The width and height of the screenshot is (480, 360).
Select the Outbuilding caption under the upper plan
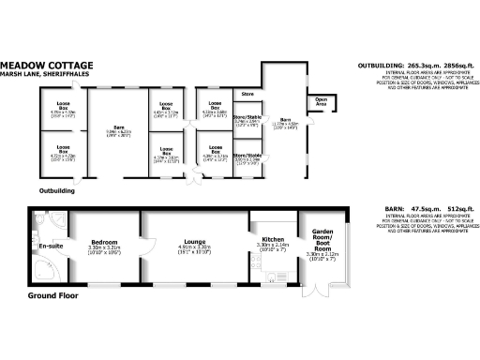point(56,190)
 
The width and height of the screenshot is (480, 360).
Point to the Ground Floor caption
point(52,295)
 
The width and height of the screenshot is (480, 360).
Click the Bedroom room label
point(104,241)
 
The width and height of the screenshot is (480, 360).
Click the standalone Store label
point(247,95)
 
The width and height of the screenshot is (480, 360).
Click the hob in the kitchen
point(273,277)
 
